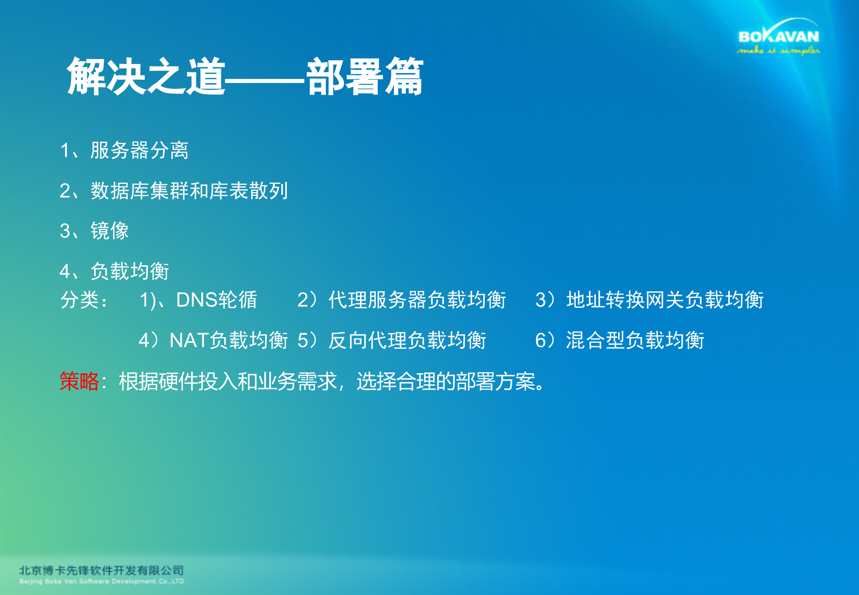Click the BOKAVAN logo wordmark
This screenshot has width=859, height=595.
(778, 36)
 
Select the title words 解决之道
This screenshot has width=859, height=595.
(146, 77)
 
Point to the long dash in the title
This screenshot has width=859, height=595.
(265, 81)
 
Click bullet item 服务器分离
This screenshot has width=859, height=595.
(140, 150)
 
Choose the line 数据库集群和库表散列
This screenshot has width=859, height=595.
(189, 190)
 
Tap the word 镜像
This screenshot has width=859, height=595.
(110, 231)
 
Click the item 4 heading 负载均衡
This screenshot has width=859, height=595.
(130, 271)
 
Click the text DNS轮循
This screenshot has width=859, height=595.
(216, 300)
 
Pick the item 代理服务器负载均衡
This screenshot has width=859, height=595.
(417, 300)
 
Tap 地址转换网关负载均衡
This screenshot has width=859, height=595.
(665, 300)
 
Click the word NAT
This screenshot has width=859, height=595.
(189, 340)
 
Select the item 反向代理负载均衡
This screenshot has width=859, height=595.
(407, 340)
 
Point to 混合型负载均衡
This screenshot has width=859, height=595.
(635, 340)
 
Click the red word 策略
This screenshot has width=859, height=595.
(79, 381)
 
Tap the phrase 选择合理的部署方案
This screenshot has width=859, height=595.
(446, 381)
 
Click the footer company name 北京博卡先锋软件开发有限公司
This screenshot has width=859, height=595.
(102, 570)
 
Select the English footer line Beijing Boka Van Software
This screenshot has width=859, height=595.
(102, 581)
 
